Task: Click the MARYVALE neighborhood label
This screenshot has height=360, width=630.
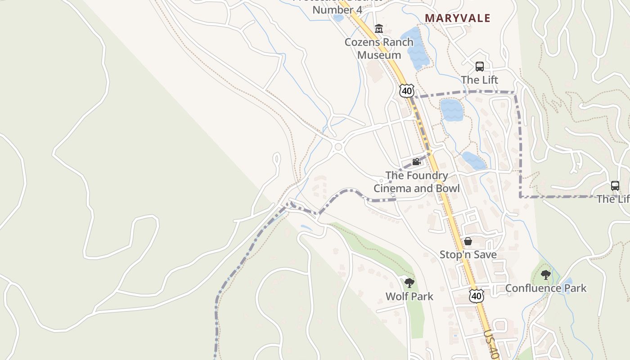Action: (458, 18)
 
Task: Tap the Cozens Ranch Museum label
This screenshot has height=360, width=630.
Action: (379, 49)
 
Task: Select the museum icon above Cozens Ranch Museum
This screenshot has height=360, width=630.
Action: (379, 29)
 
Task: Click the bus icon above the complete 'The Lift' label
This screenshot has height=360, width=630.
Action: (480, 67)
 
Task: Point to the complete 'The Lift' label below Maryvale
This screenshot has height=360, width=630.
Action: (480, 80)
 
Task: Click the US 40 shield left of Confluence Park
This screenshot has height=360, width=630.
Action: (476, 296)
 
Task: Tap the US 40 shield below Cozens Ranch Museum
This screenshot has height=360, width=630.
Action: (406, 90)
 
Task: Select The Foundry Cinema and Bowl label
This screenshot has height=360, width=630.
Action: (417, 182)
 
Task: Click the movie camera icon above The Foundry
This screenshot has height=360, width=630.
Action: (416, 162)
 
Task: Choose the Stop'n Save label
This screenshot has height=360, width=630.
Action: (468, 255)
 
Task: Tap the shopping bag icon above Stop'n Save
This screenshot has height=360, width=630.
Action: (468, 241)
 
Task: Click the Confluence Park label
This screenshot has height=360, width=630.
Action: (546, 288)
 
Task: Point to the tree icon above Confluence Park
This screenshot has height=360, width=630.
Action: (546, 274)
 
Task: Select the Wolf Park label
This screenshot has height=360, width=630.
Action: (409, 296)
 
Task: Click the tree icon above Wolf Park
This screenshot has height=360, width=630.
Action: (409, 283)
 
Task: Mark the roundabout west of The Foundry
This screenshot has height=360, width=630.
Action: (338, 147)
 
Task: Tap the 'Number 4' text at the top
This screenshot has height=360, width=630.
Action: (337, 9)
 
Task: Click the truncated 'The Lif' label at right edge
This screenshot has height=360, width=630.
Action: (613, 198)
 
